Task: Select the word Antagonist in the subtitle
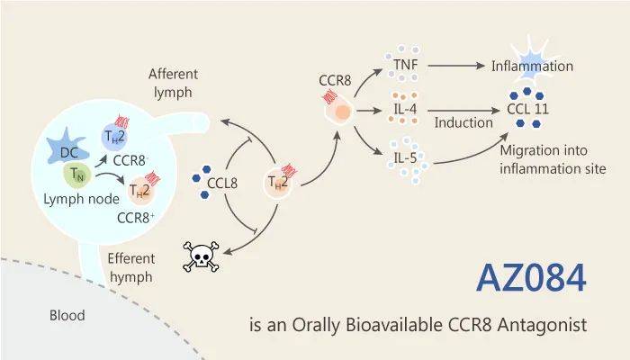click(541, 322)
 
